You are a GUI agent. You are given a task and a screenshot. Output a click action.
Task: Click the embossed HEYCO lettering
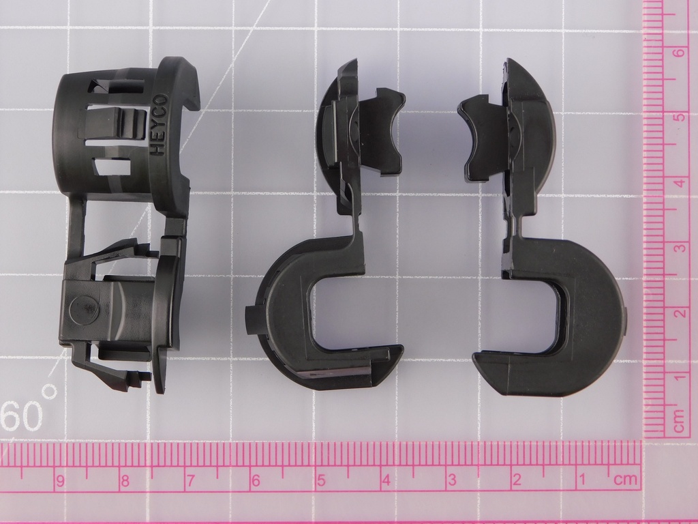pos(159,125)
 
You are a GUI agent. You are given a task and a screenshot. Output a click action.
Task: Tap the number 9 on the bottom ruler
pos(60,481)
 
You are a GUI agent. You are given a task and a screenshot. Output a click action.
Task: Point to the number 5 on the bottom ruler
pos(321,480)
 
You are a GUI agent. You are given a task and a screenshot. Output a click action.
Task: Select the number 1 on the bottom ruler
pos(581,480)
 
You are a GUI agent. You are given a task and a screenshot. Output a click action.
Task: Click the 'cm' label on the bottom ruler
pos(626,480)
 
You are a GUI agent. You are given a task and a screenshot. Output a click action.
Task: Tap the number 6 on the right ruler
pos(679,53)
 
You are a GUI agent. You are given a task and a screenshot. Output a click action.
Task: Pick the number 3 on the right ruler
pos(680,248)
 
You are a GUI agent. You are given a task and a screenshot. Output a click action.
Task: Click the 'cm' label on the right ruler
pos(679,421)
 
